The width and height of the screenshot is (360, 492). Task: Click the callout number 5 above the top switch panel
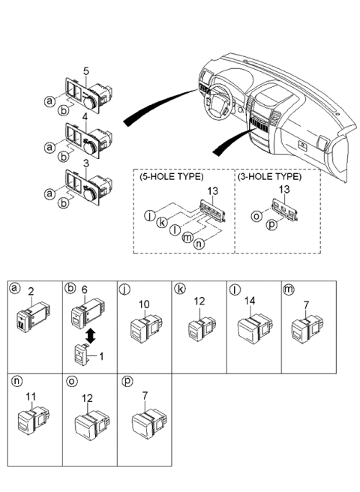pos(86,72)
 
